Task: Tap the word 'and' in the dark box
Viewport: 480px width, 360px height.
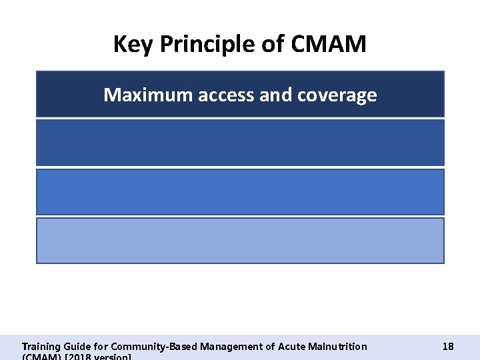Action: coord(273,95)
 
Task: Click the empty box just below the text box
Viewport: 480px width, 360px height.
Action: coord(240,143)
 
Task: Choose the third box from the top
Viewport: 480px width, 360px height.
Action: coord(240,192)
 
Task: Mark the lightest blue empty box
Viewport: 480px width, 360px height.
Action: coord(240,241)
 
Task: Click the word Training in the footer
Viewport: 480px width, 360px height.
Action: coord(41,347)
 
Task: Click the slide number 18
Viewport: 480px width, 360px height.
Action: coord(448,347)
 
